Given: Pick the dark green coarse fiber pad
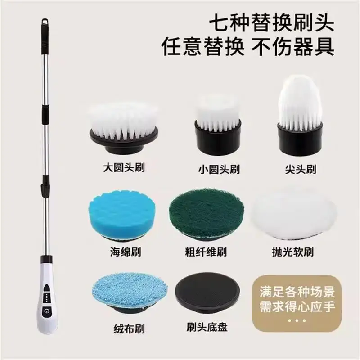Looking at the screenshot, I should click(x=207, y=215).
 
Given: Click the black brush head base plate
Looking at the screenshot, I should click(x=207, y=293).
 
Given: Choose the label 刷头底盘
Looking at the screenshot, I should click(x=207, y=327).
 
